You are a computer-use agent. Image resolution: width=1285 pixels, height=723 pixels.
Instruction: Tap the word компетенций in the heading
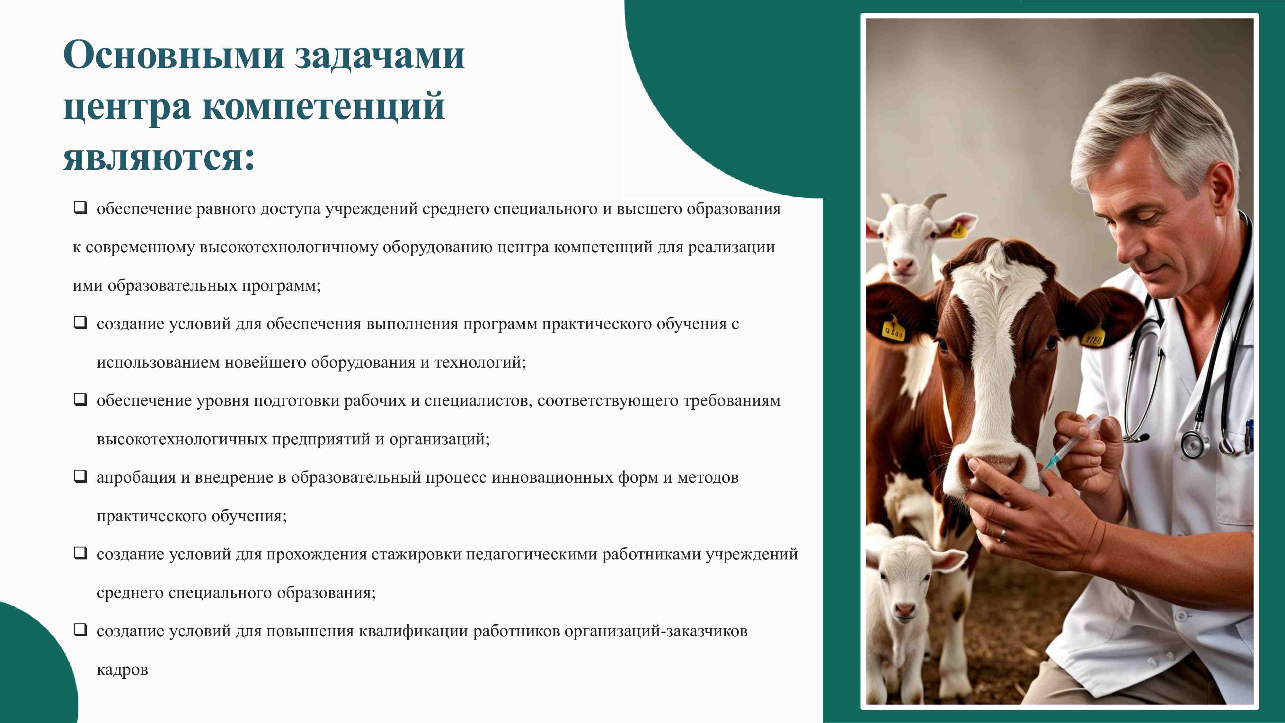(x=323, y=106)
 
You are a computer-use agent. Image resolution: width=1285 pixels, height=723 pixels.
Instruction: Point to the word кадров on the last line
(x=122, y=670)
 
